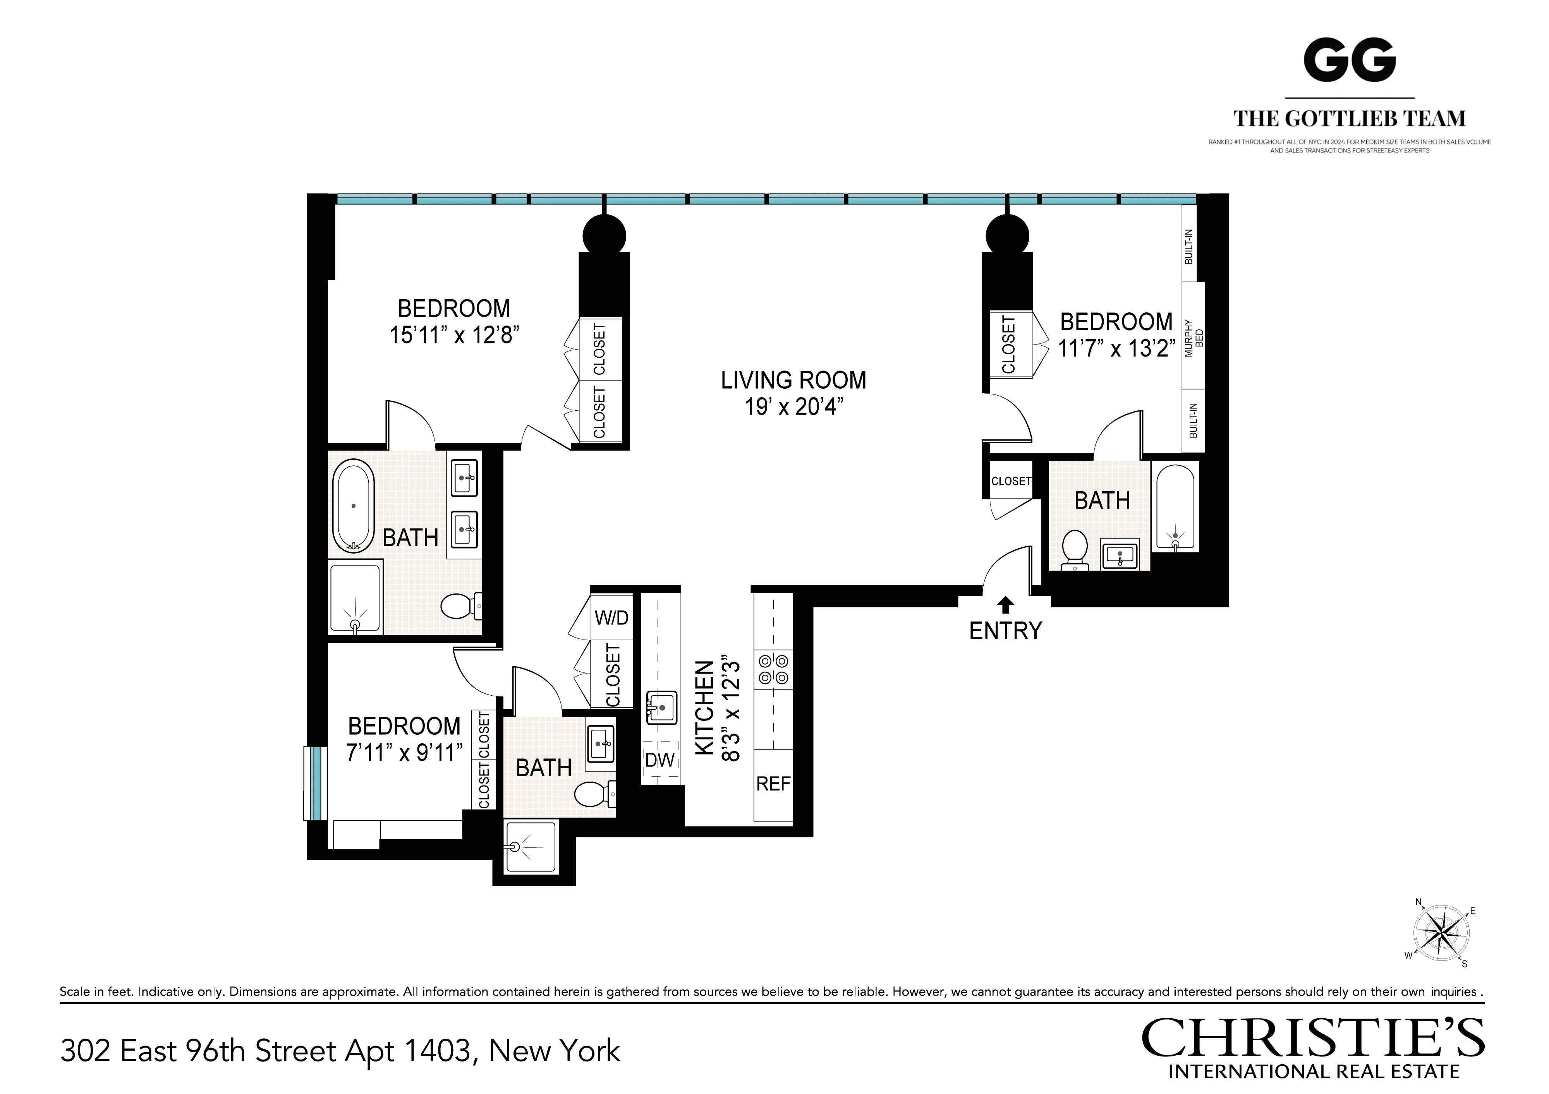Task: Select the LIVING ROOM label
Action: pyautogui.click(x=793, y=381)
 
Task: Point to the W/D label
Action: pyautogui.click(x=611, y=618)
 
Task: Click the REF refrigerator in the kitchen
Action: pyautogui.click(x=773, y=784)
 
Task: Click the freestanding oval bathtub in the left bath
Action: pyautogui.click(x=353, y=506)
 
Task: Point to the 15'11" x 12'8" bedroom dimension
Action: pyautogui.click(x=454, y=335)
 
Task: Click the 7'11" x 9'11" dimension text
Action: pyautogui.click(x=404, y=753)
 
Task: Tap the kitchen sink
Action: pyautogui.click(x=661, y=708)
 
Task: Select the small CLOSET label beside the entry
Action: pyautogui.click(x=1011, y=481)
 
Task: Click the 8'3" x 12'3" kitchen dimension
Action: pyautogui.click(x=732, y=708)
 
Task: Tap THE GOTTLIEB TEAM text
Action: pyautogui.click(x=1349, y=119)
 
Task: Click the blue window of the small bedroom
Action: pyautogui.click(x=314, y=783)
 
